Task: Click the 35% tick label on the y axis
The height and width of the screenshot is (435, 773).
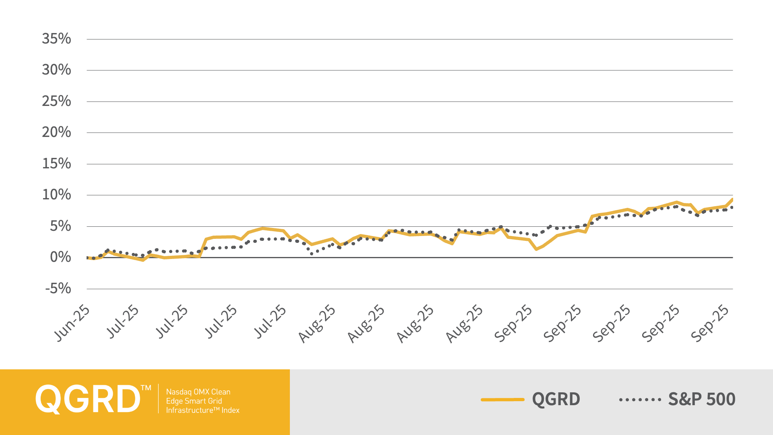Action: point(56,39)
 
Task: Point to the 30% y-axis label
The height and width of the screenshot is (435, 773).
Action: point(56,70)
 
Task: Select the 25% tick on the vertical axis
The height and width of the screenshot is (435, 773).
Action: point(56,101)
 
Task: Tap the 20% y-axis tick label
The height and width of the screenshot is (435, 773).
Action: point(56,132)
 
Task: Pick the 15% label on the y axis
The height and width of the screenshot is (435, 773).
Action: point(56,164)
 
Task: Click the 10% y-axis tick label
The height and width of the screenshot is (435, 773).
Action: point(56,195)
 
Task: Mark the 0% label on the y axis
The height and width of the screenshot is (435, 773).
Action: point(60,257)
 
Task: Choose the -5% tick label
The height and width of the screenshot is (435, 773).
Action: point(58,288)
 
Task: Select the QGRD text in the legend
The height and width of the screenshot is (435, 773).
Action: point(556,399)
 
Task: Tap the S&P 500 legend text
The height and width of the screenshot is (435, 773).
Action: point(702,399)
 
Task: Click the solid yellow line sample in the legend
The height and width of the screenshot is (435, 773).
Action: point(502,400)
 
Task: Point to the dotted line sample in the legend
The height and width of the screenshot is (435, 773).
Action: point(640,400)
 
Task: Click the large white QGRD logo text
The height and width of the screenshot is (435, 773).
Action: point(88,399)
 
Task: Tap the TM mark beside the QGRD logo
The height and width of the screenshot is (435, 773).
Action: point(146,388)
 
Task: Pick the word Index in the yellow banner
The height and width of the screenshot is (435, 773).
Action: point(230,410)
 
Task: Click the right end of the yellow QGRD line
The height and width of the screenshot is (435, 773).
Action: point(732,199)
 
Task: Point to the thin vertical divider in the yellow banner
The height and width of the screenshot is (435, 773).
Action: point(159,399)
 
